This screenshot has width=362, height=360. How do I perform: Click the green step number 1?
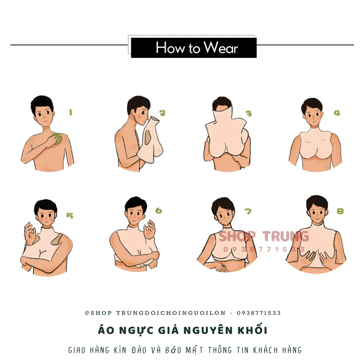point(71,112)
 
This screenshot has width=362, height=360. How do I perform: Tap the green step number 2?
point(162,113)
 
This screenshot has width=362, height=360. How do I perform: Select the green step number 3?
point(249,113)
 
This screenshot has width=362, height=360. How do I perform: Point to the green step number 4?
point(337,113)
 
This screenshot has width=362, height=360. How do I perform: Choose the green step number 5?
point(70,215)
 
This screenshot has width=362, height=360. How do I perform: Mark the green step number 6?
point(159,211)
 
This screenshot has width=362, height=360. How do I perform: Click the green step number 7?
point(248,211)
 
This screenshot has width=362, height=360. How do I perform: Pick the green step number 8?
point(340,211)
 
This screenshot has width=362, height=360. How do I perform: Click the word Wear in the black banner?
point(221,48)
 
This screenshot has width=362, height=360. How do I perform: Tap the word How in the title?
point(170,48)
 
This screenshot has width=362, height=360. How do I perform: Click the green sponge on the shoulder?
point(57,139)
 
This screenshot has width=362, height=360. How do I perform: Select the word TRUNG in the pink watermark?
point(286,236)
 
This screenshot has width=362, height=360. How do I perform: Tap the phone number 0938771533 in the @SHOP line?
point(259,313)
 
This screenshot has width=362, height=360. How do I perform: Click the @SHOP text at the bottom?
point(98,313)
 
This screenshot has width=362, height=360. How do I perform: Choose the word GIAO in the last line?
point(77,350)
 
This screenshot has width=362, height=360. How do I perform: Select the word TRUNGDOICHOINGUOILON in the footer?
point(171,313)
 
